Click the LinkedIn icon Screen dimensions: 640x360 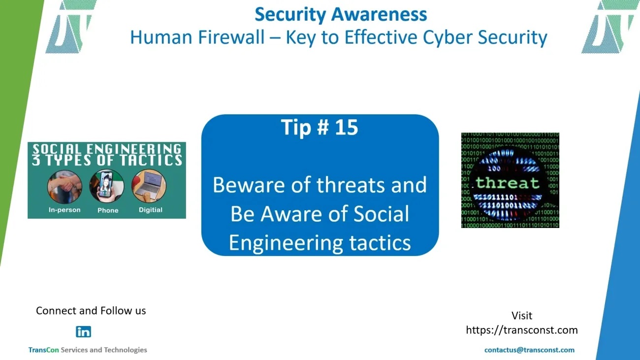(83, 332)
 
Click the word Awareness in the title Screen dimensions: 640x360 (379, 14)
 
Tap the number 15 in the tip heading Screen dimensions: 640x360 (347, 127)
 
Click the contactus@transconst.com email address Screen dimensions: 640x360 (529, 350)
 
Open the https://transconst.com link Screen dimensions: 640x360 (522, 330)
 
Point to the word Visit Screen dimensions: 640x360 (522, 316)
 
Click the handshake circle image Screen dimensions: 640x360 (64, 187)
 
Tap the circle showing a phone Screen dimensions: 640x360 (106, 186)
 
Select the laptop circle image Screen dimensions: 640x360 (149, 186)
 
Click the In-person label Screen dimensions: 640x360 (64, 210)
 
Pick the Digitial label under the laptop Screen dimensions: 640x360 (151, 210)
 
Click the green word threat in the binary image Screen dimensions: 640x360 (507, 183)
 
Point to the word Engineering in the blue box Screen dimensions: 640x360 (286, 243)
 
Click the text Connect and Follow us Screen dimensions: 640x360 (91, 311)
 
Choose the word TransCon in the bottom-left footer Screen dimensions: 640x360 (43, 350)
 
